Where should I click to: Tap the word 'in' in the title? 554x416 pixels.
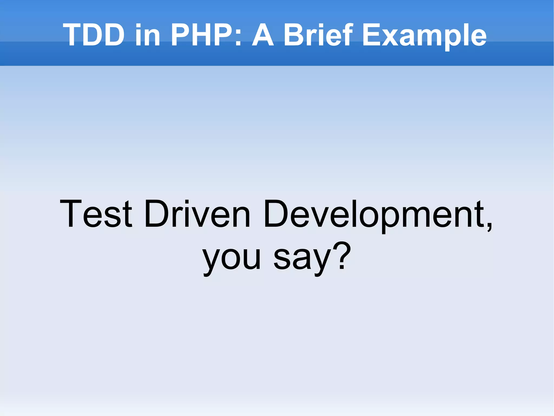pos(148,35)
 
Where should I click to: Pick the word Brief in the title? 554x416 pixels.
pos(318,35)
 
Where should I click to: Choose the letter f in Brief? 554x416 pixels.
pos(348,35)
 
